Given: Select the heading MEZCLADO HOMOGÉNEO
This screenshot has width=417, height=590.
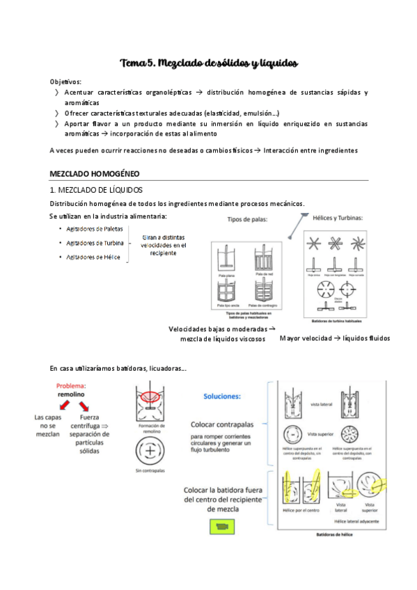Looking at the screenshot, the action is click(x=94, y=173).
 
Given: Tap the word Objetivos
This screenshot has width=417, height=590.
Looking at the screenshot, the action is click(x=65, y=81).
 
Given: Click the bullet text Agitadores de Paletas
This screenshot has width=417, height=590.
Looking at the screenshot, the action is click(x=95, y=229).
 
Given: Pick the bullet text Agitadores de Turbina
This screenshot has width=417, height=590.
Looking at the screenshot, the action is click(x=95, y=244).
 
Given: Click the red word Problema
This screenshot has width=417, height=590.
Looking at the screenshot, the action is click(x=68, y=385).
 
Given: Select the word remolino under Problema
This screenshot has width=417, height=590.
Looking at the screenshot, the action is click(x=69, y=394).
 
